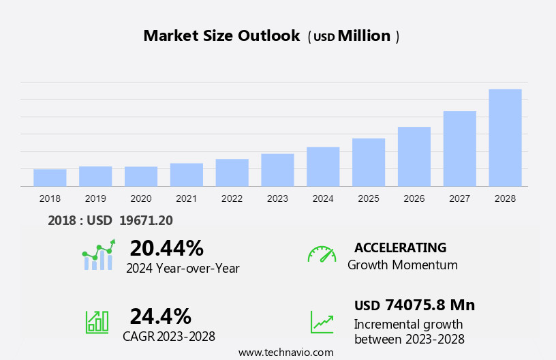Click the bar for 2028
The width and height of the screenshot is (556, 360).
[505, 138]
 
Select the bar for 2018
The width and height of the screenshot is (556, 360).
[50, 178]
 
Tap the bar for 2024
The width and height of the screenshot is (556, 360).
[323, 167]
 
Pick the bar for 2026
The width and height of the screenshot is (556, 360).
[414, 157]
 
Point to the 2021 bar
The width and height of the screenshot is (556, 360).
[187, 175]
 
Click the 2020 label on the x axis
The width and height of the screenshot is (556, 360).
[141, 198]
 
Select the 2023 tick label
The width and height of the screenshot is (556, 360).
[277, 198]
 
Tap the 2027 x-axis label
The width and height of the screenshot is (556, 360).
[460, 198]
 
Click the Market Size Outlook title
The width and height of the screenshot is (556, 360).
[221, 36]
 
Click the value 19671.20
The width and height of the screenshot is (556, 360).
[146, 220]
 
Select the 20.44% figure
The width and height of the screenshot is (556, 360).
[166, 248]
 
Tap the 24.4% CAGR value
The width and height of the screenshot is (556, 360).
[160, 316]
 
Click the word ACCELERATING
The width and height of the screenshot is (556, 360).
[400, 247]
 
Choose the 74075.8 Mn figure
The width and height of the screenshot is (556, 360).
[429, 305]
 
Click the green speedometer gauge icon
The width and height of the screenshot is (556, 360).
[322, 255]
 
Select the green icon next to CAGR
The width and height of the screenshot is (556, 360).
[97, 322]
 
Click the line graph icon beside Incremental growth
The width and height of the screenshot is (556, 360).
[322, 322]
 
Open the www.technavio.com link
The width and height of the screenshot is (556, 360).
[286, 352]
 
